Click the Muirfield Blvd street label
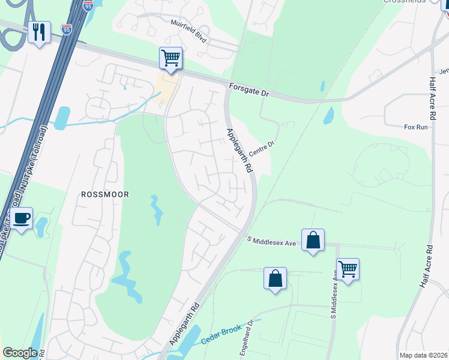[x=189, y=38]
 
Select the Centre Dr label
[x=261, y=148]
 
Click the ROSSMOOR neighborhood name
[x=105, y=194]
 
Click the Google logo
[x=20, y=353]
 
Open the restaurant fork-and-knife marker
[x=39, y=32]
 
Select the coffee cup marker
[x=22, y=218]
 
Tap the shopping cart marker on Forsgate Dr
[x=170, y=59]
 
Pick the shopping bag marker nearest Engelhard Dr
[x=275, y=278]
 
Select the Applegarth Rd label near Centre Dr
[x=239, y=150]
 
